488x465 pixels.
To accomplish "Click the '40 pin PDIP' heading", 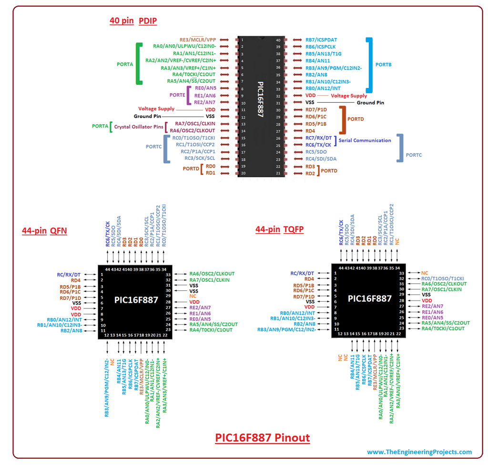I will tap(133, 21).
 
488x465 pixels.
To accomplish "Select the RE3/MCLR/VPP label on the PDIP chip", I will tap(198, 40).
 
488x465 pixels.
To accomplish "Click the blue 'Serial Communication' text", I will tap(365, 140).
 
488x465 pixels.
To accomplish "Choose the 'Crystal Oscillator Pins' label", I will tap(138, 127).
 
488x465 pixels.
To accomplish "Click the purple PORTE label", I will tap(178, 95).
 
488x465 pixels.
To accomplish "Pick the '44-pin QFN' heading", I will tap(44, 231).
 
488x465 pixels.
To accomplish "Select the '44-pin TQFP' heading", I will tap(279, 229).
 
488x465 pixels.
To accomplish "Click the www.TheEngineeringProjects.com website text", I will tap(419, 452).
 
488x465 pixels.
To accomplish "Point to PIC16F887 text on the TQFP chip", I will tap(370, 298).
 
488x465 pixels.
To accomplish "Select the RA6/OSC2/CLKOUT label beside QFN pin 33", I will tap(212, 274).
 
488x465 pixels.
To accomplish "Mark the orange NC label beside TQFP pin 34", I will tap(425, 273).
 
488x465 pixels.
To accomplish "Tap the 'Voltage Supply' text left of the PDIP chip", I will tap(156, 109).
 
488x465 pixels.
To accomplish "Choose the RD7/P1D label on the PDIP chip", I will tap(316, 109).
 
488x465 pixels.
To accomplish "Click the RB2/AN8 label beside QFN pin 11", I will tap(71, 330).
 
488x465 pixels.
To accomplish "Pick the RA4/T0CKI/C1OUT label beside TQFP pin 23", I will tap(443, 328).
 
